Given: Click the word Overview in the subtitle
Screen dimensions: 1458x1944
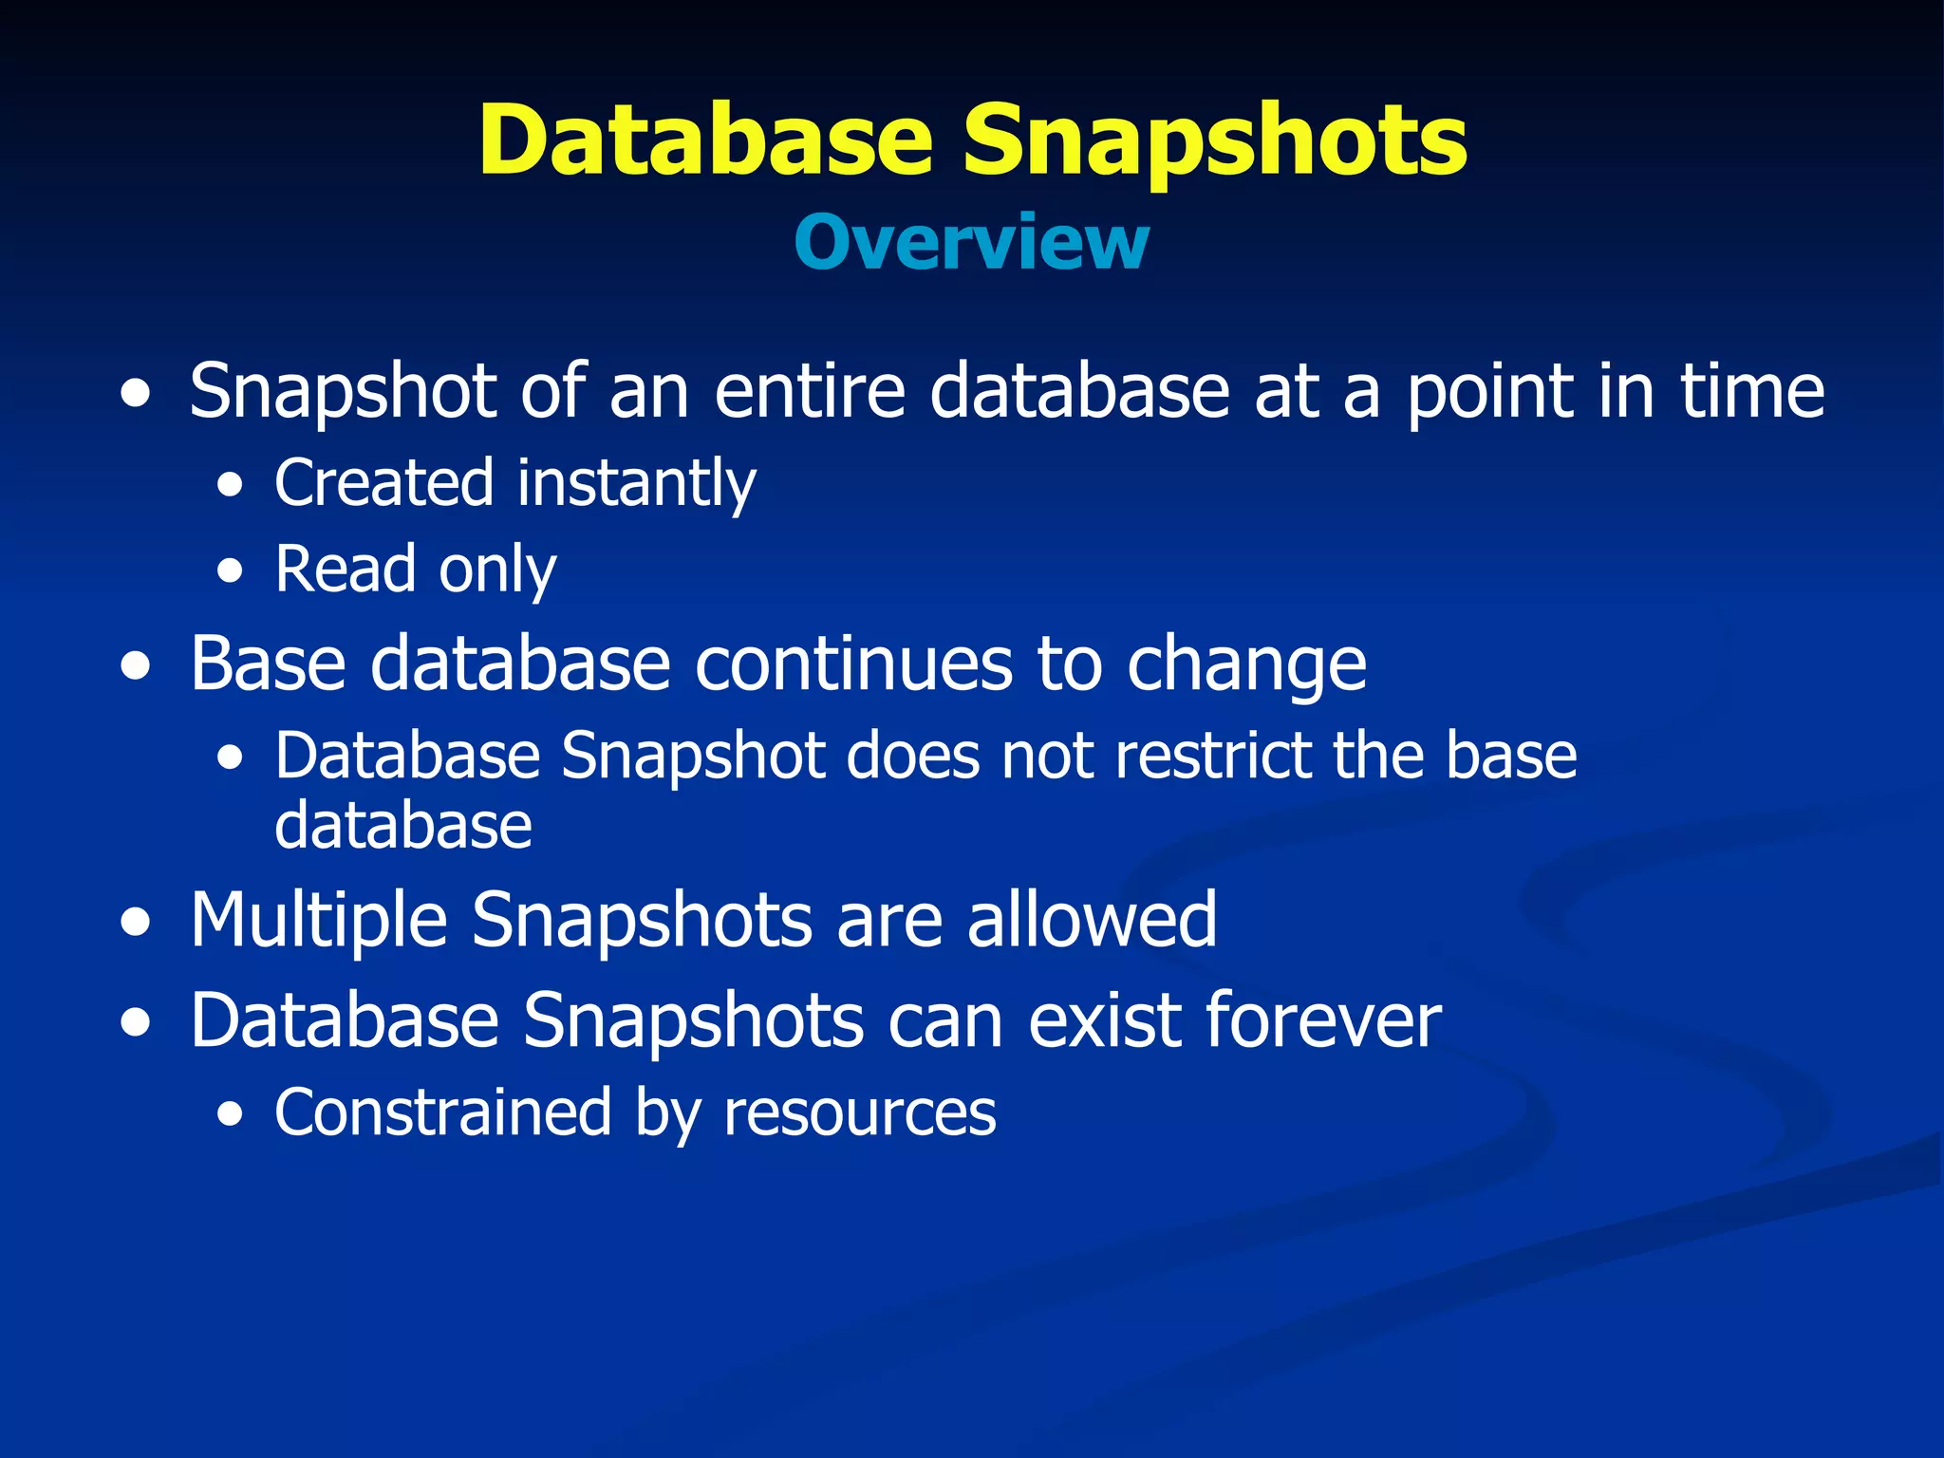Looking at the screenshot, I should click(971, 243).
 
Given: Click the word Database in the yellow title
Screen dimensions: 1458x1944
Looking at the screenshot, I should click(706, 140).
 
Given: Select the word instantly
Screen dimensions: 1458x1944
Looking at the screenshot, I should click(636, 483).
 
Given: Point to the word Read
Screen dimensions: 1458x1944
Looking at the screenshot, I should click(346, 570).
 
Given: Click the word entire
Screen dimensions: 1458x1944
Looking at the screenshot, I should click(810, 390).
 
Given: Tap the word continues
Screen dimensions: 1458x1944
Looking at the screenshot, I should click(853, 664).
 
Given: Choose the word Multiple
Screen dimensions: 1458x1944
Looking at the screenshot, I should click(319, 921).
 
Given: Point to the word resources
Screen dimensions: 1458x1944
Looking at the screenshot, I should click(859, 1113).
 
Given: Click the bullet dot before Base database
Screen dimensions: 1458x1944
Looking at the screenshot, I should click(136, 666).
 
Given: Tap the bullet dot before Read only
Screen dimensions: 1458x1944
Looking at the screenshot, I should click(230, 572).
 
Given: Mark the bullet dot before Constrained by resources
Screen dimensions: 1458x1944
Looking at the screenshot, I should click(230, 1115).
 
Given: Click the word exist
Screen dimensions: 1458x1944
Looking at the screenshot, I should click(1105, 1020).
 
